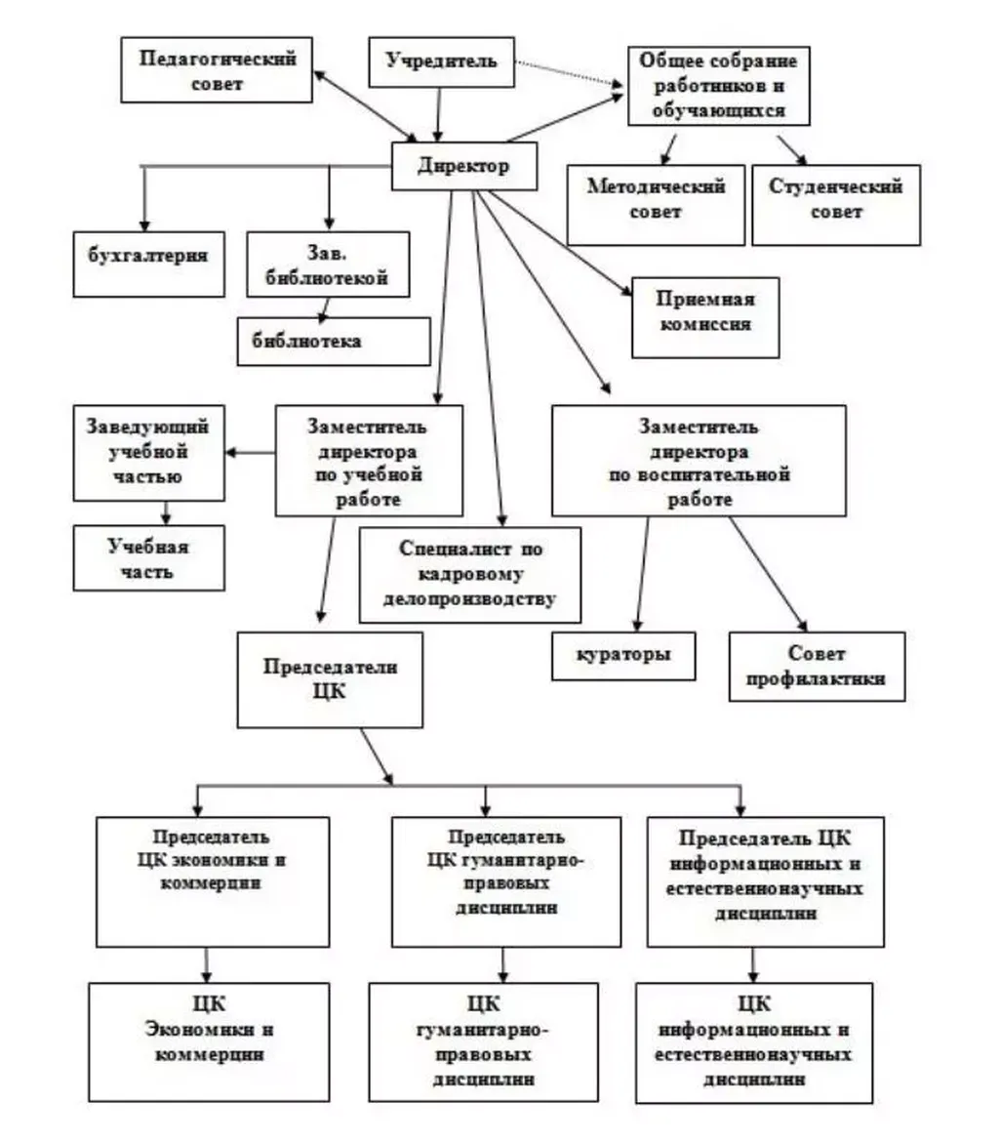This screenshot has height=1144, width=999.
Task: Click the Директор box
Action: [463, 166]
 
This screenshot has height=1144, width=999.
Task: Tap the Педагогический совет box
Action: [217, 70]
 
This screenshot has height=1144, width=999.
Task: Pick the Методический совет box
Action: [656, 203]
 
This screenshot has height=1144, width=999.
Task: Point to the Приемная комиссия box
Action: [704, 317]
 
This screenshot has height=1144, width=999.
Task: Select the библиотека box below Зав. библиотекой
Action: [334, 342]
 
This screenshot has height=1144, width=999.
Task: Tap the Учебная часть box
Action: [149, 557]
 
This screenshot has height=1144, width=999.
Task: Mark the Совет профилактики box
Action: [816, 666]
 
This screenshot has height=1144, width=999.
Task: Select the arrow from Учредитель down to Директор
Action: [440, 115]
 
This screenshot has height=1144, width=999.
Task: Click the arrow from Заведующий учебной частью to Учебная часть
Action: [166, 511]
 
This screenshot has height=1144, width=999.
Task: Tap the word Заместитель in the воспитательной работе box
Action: [698, 426]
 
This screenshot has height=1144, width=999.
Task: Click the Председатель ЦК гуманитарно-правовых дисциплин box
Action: [505, 880]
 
